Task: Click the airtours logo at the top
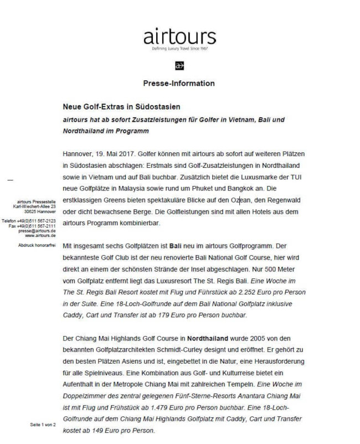pyautogui.click(x=179, y=38)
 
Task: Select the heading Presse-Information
pyautogui.click(x=179, y=84)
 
